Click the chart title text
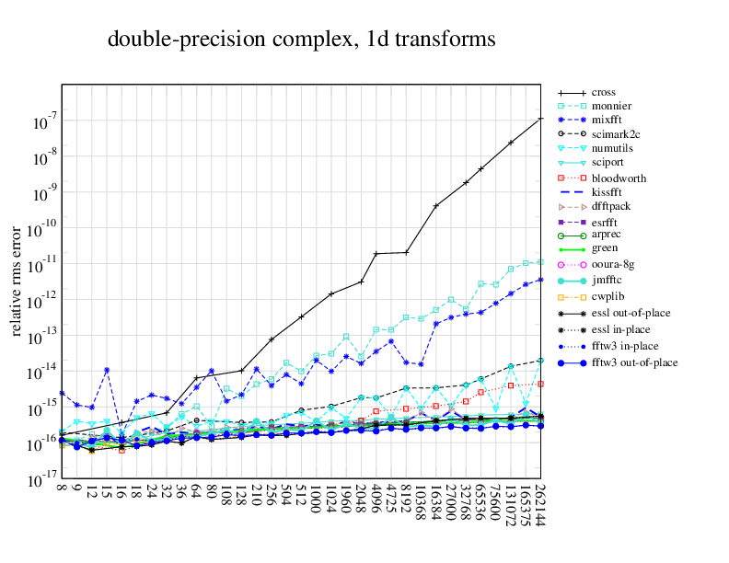(301, 40)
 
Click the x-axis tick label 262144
(540, 508)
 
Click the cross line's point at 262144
(540, 119)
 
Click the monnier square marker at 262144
(540, 261)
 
